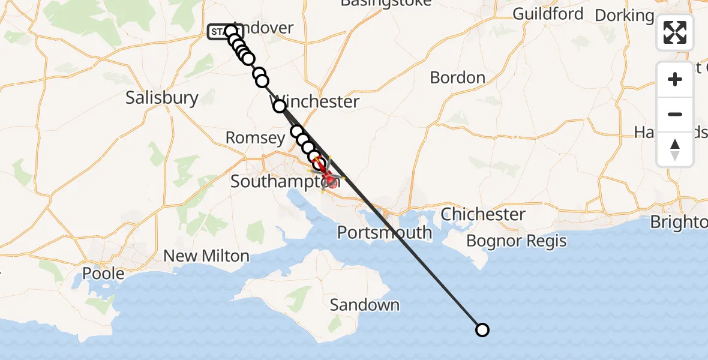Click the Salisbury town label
click(162, 98)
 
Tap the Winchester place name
click(319, 101)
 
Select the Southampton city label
click(277, 181)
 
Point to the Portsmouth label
click(385, 232)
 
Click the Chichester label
click(484, 214)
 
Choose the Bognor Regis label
click(517, 241)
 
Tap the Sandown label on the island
click(365, 305)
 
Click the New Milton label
click(206, 256)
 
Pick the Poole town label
click(104, 274)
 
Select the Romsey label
click(255, 138)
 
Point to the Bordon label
click(458, 77)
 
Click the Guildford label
click(548, 14)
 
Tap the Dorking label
click(624, 15)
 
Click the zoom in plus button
click(675, 79)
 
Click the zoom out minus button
click(675, 114)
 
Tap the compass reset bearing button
click(675, 149)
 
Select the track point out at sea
click(482, 329)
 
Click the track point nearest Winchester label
click(280, 106)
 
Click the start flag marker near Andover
click(217, 32)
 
